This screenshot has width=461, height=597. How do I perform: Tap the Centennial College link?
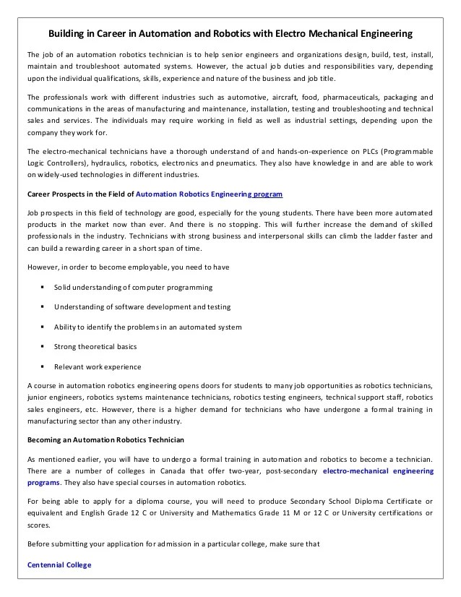(59, 564)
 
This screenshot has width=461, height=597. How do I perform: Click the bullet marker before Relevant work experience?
(44, 366)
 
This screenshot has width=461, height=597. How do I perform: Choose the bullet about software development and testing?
(142, 307)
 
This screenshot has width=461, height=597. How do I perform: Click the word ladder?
(379, 236)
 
